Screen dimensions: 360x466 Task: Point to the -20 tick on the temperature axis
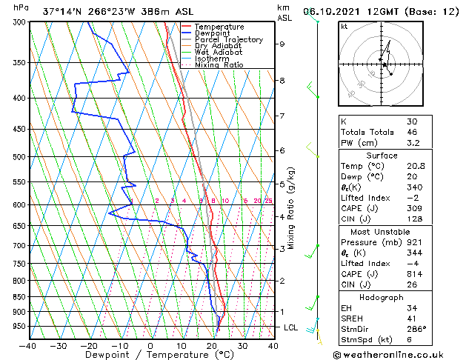89,344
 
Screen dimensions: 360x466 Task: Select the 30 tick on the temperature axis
242,344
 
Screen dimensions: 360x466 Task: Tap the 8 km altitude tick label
282,80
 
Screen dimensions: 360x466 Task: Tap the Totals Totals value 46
412,131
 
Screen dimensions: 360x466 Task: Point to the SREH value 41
412,318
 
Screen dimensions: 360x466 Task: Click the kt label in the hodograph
344,27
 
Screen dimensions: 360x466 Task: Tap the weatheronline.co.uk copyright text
397,354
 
